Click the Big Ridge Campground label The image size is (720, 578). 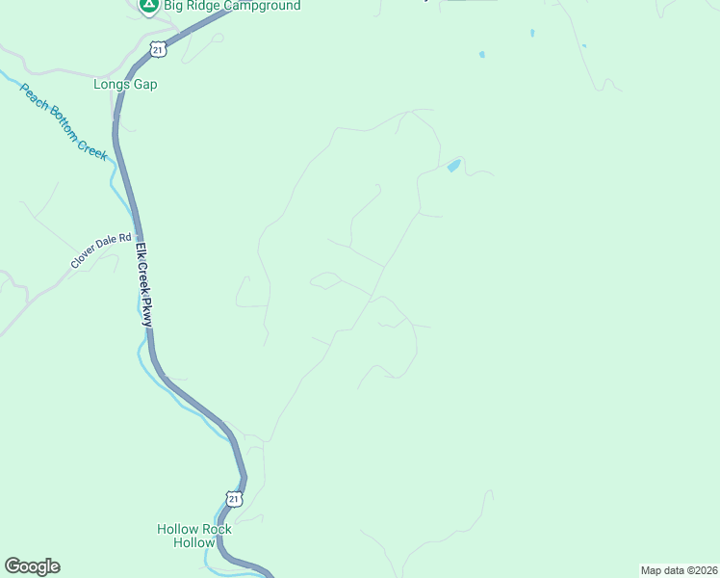click(x=231, y=6)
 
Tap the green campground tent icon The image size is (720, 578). click(x=148, y=5)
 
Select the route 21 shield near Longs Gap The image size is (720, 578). click(x=158, y=49)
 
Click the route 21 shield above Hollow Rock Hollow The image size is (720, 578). click(x=235, y=498)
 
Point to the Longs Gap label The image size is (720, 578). click(x=125, y=84)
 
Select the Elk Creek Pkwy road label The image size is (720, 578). click(x=144, y=284)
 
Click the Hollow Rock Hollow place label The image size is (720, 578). click(x=194, y=536)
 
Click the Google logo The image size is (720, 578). click(x=32, y=566)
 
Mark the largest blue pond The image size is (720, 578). click(x=452, y=166)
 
